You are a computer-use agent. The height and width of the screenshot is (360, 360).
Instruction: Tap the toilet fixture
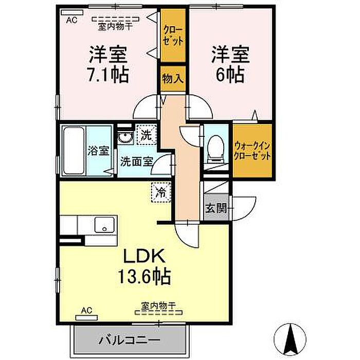tap(215, 149)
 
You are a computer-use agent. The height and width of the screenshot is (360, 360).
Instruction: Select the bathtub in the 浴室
tap(74, 151)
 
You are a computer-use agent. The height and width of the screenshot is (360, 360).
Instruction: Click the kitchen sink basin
tap(104, 225)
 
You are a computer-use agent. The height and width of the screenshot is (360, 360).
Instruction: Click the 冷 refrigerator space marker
tap(161, 192)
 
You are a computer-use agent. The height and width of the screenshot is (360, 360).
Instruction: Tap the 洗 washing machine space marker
tap(147, 135)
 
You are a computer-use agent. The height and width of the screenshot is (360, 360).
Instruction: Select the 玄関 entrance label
tap(217, 208)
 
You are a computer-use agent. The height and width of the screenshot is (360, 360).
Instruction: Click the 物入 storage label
tap(173, 79)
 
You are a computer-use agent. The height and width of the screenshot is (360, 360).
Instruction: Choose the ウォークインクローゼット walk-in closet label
tap(253, 151)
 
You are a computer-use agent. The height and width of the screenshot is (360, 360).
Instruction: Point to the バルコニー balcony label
tap(129, 340)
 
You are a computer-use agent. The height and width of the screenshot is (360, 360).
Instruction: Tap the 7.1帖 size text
tap(108, 75)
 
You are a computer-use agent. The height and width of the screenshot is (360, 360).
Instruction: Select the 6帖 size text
tap(230, 75)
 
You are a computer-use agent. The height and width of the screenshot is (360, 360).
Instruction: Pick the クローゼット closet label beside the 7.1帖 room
tap(173, 35)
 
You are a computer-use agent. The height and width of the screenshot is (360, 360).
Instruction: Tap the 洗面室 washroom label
tap(137, 161)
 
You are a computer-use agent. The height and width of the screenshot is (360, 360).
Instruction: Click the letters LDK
tap(145, 256)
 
